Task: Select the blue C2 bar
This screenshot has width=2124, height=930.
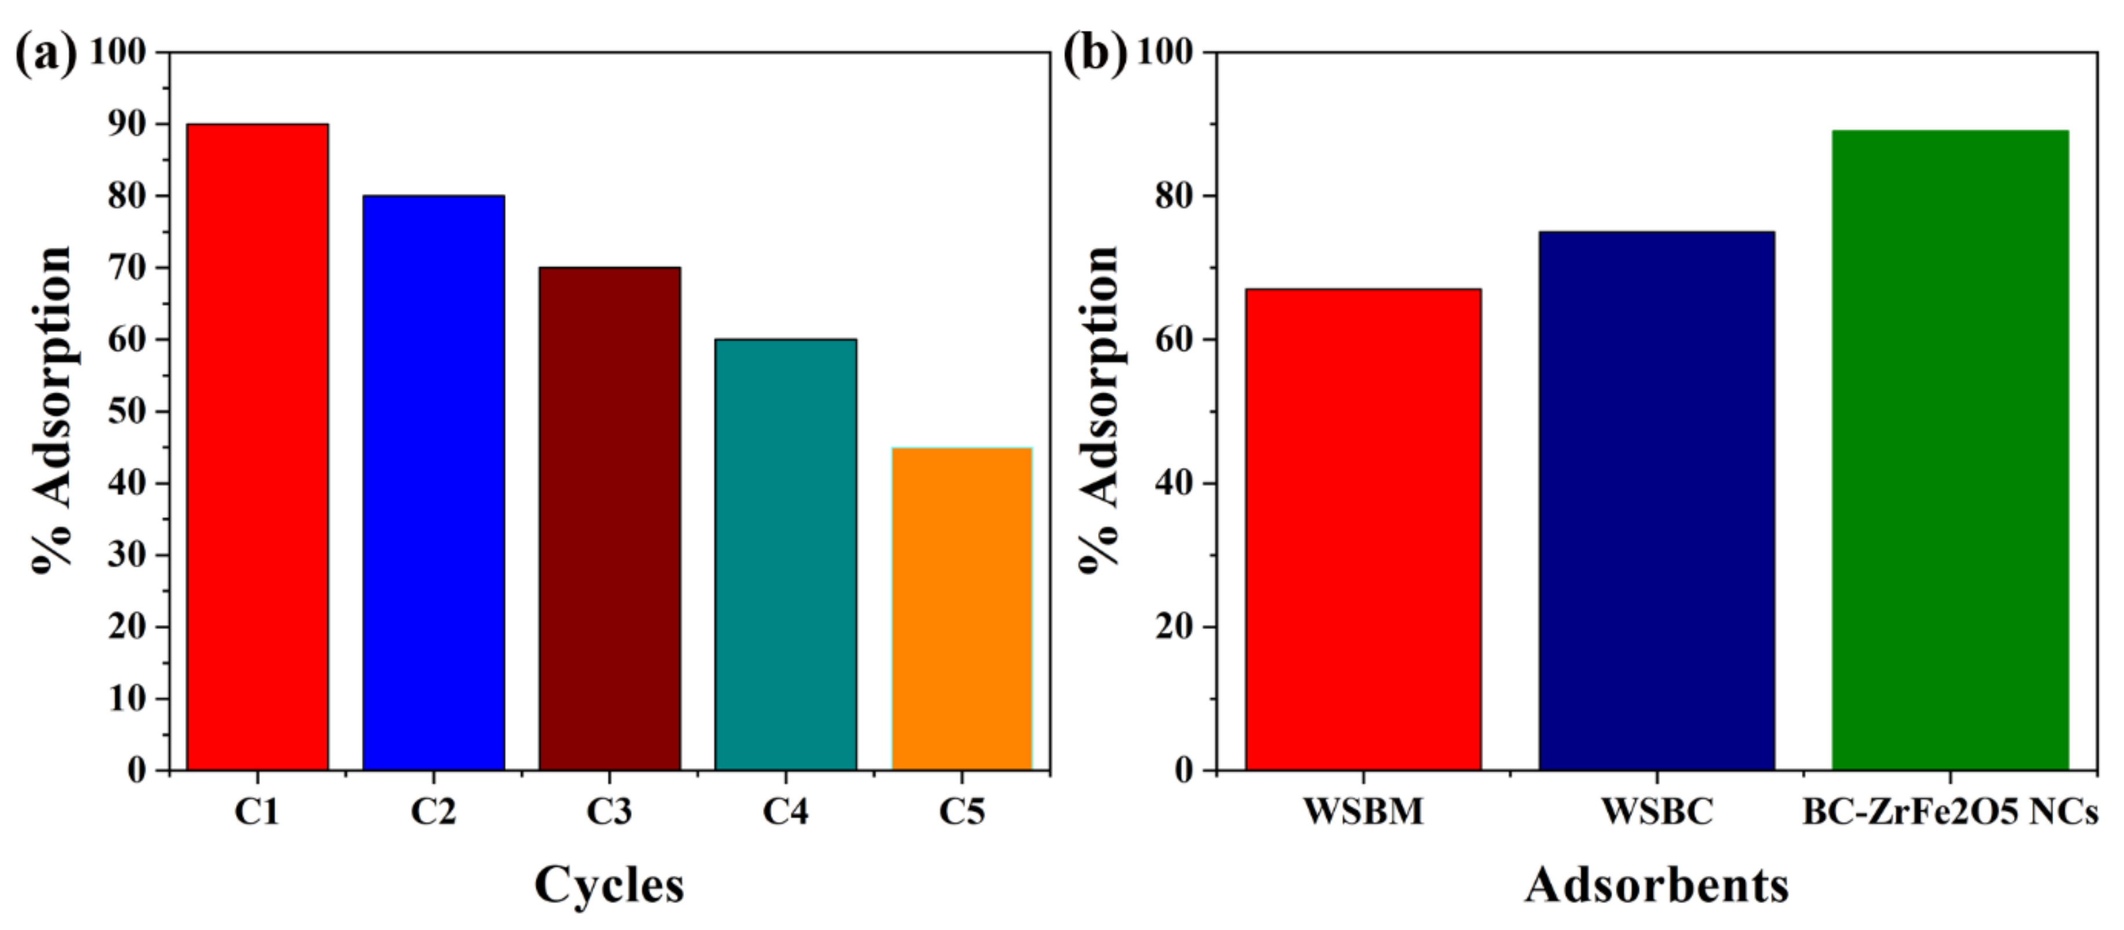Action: (434, 482)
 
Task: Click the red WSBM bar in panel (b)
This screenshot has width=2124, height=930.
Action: (1363, 529)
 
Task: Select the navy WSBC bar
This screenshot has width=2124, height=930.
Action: (1657, 500)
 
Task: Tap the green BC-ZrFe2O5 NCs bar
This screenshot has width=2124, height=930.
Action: (1950, 450)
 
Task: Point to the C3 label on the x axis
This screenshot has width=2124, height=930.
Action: (609, 812)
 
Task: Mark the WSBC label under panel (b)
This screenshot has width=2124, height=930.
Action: (1657, 812)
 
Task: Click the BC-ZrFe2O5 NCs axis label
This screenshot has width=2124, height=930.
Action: (1950, 812)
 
